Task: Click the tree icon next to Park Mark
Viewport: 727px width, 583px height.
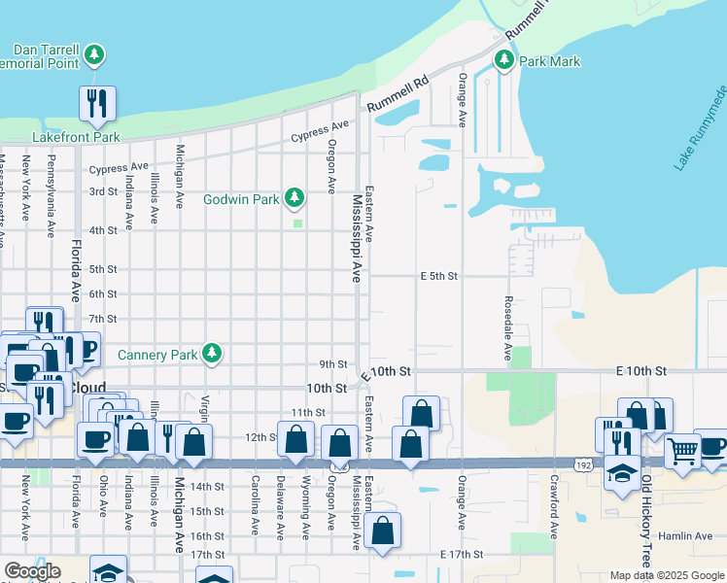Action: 503,60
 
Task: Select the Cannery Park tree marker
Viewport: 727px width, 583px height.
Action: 212,354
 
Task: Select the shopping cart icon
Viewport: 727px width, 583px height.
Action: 682,449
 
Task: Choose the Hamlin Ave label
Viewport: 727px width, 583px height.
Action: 689,535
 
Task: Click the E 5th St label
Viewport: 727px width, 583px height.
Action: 438,276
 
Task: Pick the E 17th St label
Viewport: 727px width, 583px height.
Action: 462,554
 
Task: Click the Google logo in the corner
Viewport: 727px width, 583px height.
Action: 31,570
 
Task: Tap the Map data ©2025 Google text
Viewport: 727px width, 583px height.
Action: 666,575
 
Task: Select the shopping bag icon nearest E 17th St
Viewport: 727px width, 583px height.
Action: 384,531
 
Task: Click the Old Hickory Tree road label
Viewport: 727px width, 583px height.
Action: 645,525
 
